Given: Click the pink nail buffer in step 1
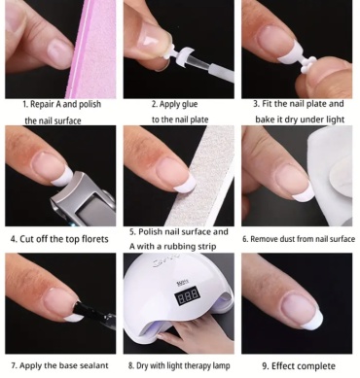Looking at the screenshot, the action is pyautogui.click(x=94, y=49).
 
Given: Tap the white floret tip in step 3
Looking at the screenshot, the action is pyautogui.click(x=306, y=65).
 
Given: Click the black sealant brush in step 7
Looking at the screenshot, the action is pyautogui.click(x=94, y=314).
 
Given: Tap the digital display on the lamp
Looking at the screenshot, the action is pyautogui.click(x=188, y=295).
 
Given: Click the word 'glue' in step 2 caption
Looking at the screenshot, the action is pyautogui.click(x=190, y=104).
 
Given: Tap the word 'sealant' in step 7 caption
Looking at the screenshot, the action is pyautogui.click(x=93, y=365).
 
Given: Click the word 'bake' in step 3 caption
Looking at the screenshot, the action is pyautogui.click(x=265, y=120).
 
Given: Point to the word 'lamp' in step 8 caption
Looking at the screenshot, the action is pyautogui.click(x=222, y=366).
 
